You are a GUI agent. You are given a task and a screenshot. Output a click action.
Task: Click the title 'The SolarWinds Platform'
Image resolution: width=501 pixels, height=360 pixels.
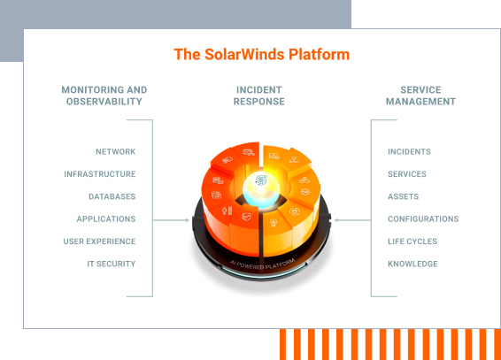[x=261, y=55]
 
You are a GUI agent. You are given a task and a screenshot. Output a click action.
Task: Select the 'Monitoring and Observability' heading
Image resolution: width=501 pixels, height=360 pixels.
[x=104, y=96]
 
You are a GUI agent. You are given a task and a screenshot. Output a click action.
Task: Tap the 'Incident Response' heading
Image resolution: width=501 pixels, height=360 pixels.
[x=259, y=96]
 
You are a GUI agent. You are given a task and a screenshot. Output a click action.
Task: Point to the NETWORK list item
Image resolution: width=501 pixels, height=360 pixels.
[x=115, y=152]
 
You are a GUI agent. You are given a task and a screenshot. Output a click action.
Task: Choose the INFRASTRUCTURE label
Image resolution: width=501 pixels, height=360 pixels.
[x=99, y=174]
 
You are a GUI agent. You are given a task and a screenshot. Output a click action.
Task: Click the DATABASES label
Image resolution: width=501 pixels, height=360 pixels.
[x=112, y=196]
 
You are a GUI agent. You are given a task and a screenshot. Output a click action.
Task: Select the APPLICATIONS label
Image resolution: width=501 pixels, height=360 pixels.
[x=105, y=218]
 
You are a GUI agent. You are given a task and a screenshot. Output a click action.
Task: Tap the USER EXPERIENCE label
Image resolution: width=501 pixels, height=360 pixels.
[x=99, y=241]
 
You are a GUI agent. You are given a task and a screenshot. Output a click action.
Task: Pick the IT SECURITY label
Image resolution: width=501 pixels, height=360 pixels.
[x=111, y=264]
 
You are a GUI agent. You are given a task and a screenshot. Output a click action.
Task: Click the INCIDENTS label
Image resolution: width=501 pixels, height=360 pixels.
[x=409, y=152]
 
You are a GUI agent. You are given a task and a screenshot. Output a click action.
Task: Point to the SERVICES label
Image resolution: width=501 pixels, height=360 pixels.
[x=406, y=174]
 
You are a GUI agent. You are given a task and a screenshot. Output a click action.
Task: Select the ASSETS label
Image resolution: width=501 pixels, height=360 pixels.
[x=403, y=196]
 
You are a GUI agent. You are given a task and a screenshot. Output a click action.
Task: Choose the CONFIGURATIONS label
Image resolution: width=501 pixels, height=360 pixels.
[x=423, y=218]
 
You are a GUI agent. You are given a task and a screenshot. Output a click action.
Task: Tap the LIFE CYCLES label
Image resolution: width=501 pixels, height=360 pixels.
[x=412, y=241]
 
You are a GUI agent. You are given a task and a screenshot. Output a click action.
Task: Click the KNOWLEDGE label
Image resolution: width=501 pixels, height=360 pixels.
[x=412, y=264]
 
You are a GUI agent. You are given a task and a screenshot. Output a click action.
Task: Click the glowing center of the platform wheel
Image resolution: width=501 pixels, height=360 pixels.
[x=259, y=179]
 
